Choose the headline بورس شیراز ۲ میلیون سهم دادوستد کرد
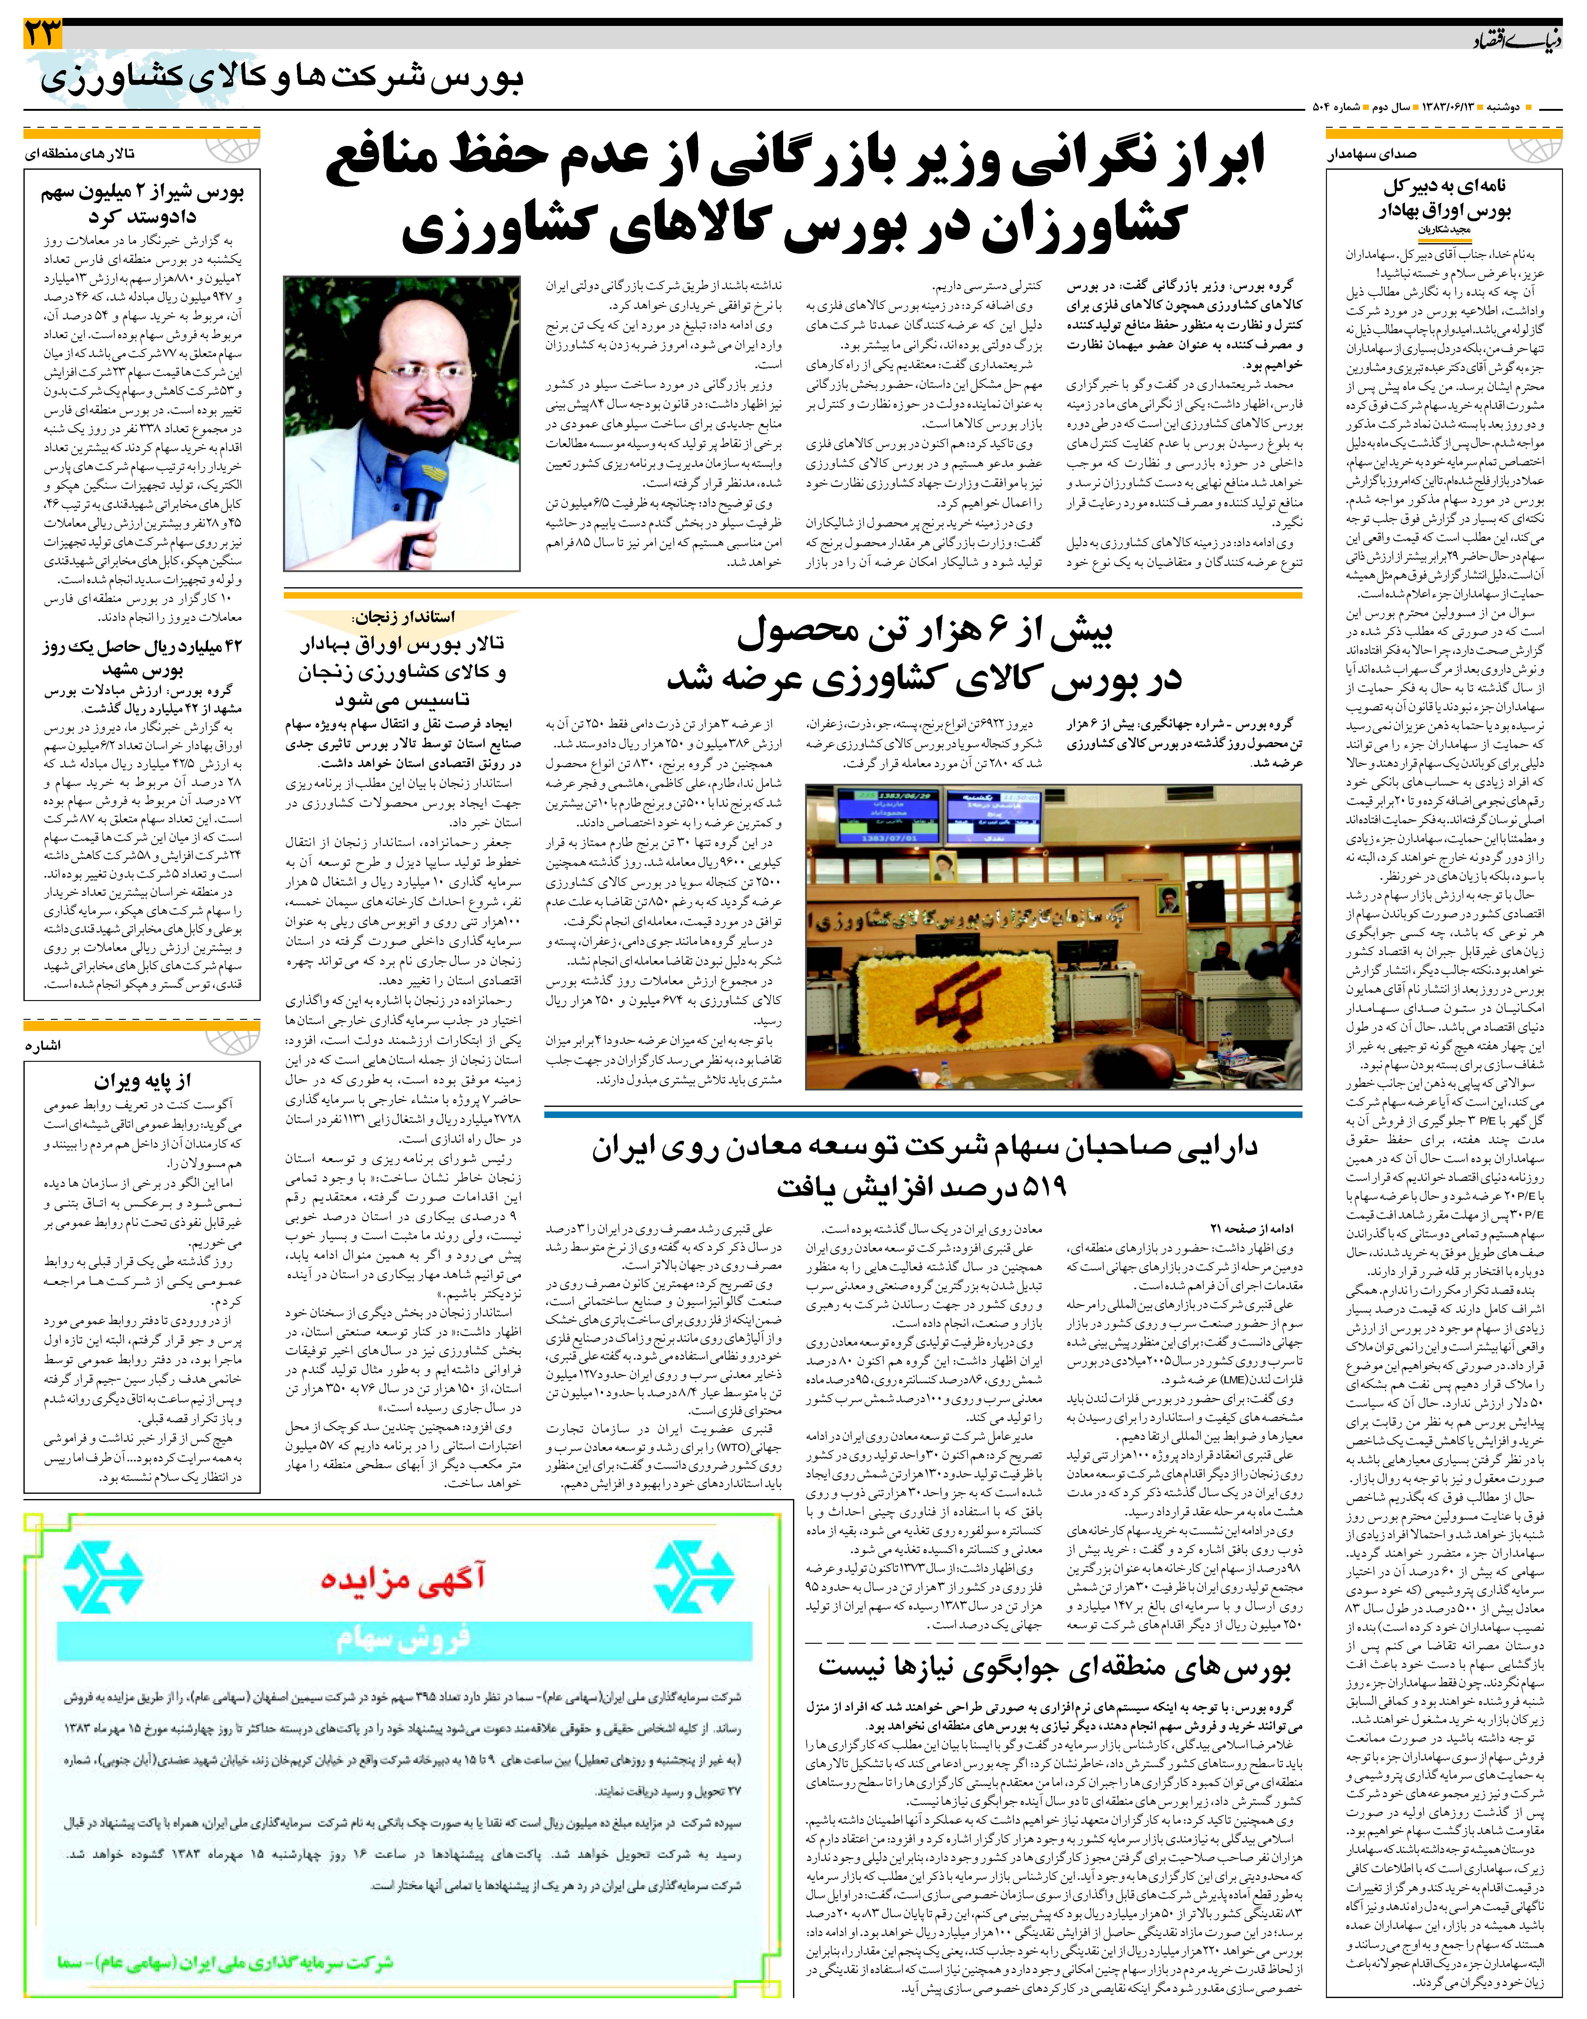141,204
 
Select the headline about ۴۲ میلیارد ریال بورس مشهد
141,657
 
